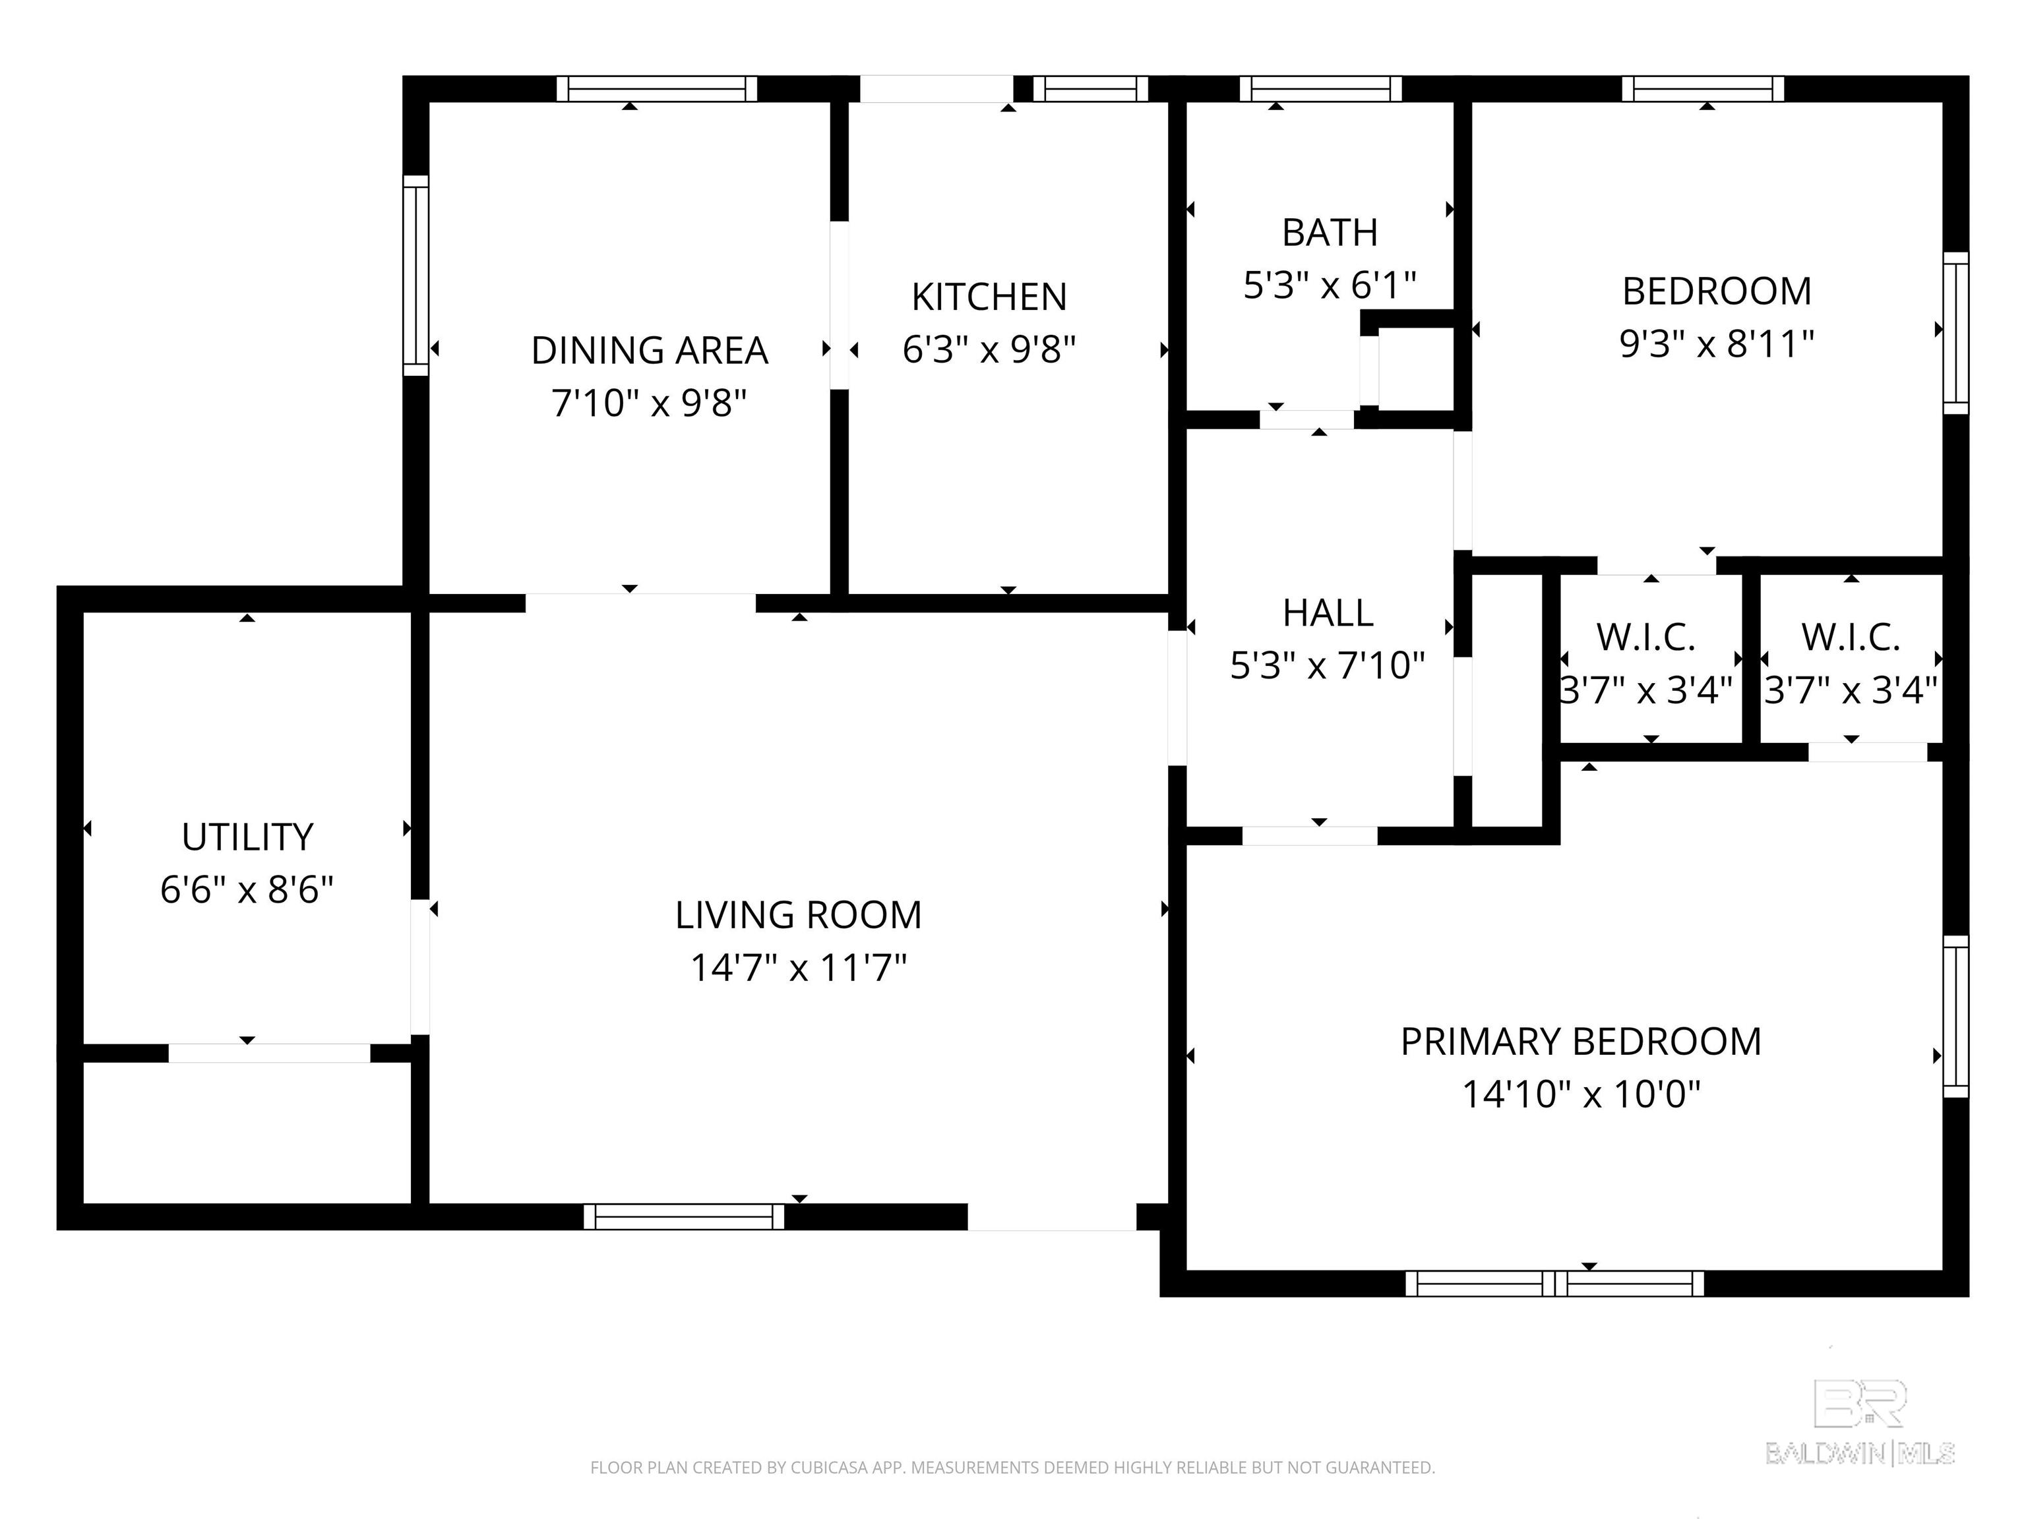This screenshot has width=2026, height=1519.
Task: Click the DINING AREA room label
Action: (650, 351)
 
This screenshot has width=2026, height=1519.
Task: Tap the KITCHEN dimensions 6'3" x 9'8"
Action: (989, 350)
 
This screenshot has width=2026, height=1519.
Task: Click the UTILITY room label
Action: (247, 837)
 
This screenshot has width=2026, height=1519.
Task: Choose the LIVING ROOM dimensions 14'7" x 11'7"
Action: (798, 968)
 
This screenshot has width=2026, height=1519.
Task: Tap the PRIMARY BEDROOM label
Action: (1581, 1042)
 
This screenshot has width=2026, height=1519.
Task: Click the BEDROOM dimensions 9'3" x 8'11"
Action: (1717, 344)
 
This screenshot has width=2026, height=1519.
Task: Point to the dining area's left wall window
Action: (416, 275)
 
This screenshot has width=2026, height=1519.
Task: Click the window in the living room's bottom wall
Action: (684, 1217)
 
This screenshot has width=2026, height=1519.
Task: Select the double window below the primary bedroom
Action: (1554, 1284)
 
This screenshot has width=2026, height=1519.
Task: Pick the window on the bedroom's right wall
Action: (1955, 334)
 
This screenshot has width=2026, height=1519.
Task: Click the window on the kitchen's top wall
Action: (1091, 89)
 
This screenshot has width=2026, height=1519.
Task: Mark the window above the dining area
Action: (657, 89)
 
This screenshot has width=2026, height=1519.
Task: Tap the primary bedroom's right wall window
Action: (1955, 1017)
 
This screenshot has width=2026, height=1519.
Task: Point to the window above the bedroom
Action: (1703, 89)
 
